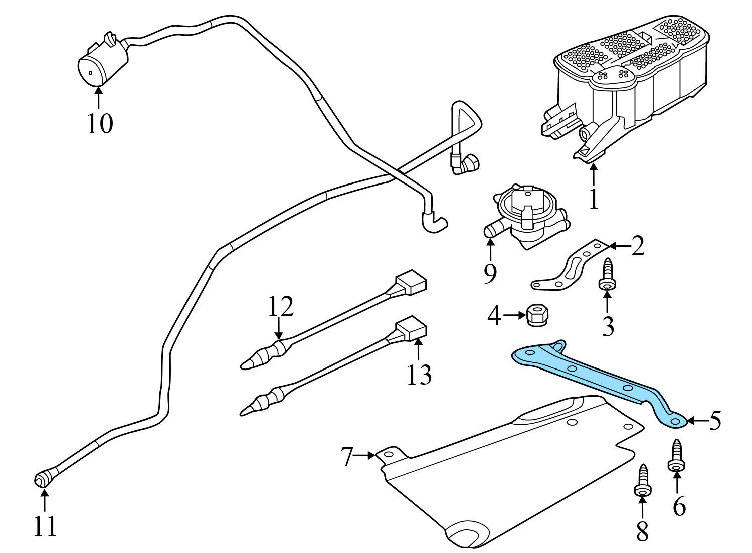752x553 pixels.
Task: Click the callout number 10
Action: [x=100, y=123]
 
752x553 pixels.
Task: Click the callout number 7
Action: [x=348, y=457]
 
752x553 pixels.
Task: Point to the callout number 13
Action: [x=419, y=374]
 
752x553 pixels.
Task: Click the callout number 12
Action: [x=280, y=307]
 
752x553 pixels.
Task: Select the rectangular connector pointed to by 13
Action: [x=412, y=329]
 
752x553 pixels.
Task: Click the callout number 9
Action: [x=490, y=273]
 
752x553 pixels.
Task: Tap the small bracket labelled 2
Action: [x=569, y=266]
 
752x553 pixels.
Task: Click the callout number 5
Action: [x=714, y=421]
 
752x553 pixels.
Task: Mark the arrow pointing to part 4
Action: [x=513, y=315]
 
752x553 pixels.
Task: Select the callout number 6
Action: [x=678, y=507]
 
